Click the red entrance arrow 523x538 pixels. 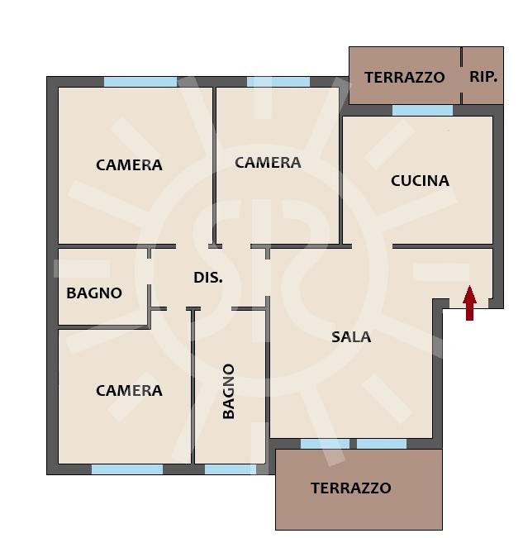469,303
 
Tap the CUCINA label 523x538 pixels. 420,181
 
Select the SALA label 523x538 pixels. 351,337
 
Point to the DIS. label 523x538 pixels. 208,277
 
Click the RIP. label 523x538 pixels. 483,77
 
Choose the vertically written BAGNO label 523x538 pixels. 228,391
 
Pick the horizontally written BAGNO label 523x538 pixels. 94,293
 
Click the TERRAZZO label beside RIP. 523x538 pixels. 405,77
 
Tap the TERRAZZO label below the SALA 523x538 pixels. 351,488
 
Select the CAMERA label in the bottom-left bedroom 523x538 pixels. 129,390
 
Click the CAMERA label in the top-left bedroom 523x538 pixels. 129,165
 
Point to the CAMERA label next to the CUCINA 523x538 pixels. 268,163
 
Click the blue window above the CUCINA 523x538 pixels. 422,111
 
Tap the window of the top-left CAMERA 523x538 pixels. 140,82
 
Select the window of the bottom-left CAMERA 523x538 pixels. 127,469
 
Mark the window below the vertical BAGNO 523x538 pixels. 231,469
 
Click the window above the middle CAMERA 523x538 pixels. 278,82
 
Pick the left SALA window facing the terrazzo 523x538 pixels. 325,444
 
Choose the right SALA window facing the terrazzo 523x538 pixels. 382,444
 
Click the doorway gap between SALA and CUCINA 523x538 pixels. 373,246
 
